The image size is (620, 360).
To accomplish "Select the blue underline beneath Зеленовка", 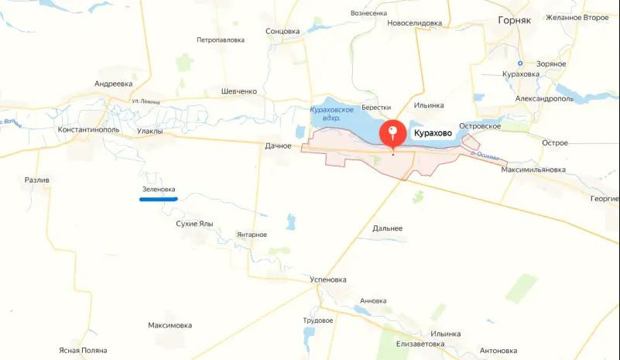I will (159, 199).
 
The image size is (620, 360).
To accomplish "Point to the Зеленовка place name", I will (159, 190).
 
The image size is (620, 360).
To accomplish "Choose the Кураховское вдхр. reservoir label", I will (331, 115).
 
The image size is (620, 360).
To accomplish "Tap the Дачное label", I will (278, 146).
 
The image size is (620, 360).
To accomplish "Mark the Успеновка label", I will (327, 279).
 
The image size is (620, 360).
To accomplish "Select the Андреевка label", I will (114, 83).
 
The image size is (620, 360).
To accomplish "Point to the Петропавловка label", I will (221, 39).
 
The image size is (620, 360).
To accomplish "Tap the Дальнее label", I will (387, 228).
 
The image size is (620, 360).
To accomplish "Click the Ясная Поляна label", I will (83, 351).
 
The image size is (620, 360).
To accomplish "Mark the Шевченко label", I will (238, 91).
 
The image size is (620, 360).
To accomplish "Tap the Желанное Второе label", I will (577, 17).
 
